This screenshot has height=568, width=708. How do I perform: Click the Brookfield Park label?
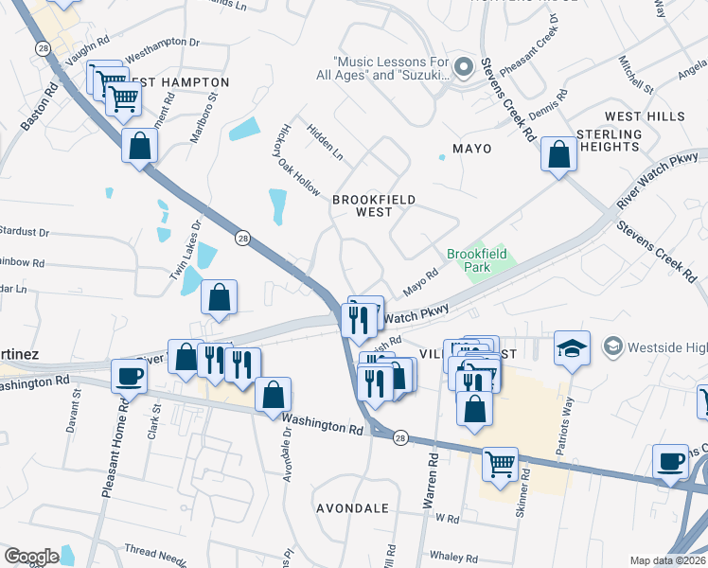click(477, 260)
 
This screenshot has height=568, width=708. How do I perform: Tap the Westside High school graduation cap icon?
click(573, 348)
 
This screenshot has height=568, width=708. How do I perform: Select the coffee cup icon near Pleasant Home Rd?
click(129, 376)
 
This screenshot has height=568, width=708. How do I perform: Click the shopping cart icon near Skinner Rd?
click(500, 464)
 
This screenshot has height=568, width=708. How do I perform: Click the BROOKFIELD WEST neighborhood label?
click(362, 205)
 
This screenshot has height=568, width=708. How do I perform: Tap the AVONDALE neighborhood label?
click(352, 508)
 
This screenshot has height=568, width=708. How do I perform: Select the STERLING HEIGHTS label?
click(609, 140)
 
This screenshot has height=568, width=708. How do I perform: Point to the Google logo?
click(31, 556)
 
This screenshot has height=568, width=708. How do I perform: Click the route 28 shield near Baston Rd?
click(43, 47)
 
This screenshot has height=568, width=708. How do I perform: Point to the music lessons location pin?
click(463, 67)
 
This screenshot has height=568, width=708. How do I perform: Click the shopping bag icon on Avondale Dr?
click(273, 395)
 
